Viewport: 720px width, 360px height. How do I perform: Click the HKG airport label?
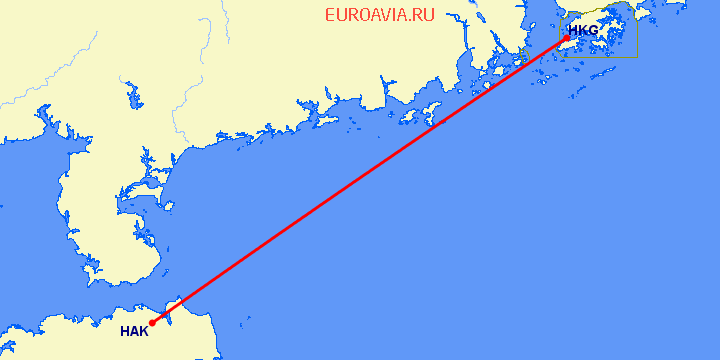pos(583,30)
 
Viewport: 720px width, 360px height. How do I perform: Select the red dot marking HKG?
pos(567,38)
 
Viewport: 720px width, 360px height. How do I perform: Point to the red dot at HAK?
pos(152,323)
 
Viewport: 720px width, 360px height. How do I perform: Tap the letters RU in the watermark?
pos(424,15)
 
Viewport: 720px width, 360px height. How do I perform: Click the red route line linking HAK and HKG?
pos(360,180)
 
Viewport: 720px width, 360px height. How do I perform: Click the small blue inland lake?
pos(131,97)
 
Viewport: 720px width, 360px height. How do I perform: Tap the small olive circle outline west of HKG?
pos(520,62)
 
